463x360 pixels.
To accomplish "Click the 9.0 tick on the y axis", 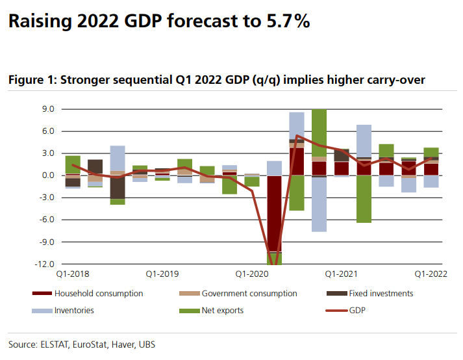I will point(47,109).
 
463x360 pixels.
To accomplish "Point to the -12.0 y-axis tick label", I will point(45,264).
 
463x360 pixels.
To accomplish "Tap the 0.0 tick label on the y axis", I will point(47,175).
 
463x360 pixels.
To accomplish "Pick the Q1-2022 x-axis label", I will point(431,274).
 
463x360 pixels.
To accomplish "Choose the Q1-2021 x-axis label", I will point(341,274).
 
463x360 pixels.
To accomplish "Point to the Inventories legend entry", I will point(74,311).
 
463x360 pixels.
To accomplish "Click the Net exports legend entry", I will point(222,311).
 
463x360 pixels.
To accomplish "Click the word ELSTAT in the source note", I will point(56,344).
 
